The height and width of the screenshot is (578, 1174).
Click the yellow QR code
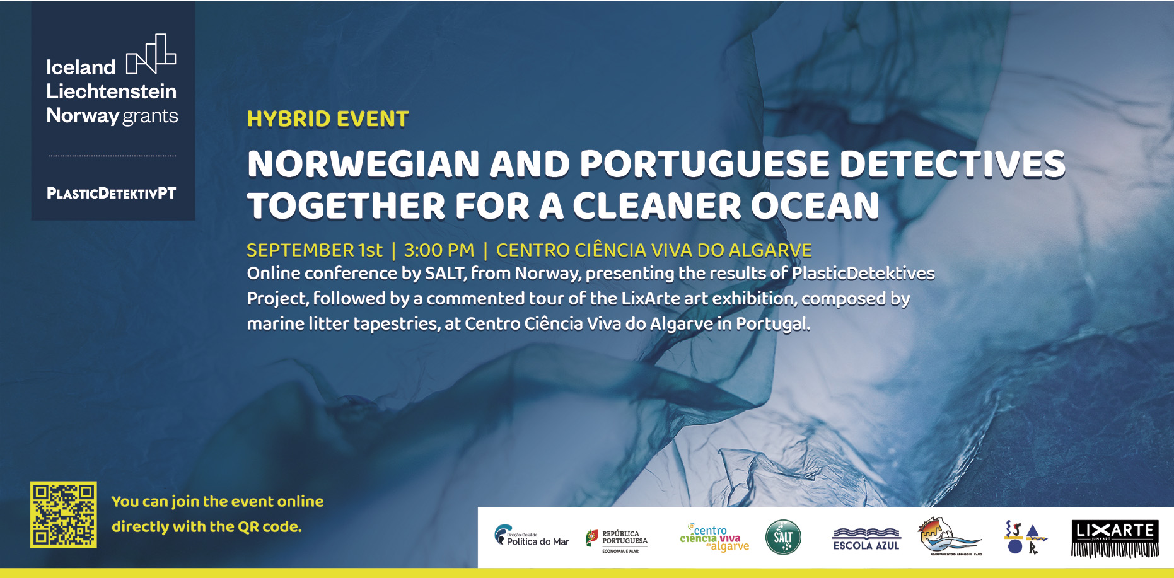(64, 514)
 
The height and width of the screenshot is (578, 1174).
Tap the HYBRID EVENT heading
(328, 119)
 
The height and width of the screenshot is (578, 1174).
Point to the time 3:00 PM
(439, 250)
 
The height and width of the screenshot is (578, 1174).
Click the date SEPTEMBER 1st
(314, 250)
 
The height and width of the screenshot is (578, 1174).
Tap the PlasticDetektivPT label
(112, 194)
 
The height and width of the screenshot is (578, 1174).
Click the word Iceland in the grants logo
(81, 67)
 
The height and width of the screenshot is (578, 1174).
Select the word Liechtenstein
(112, 91)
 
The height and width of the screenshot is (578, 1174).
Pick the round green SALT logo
(783, 537)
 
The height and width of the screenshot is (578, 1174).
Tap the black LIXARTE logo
(1115, 538)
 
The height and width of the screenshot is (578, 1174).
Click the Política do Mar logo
(531, 536)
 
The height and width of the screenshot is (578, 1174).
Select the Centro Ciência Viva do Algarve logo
(714, 538)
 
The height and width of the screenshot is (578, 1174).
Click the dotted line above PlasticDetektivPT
(112, 156)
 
